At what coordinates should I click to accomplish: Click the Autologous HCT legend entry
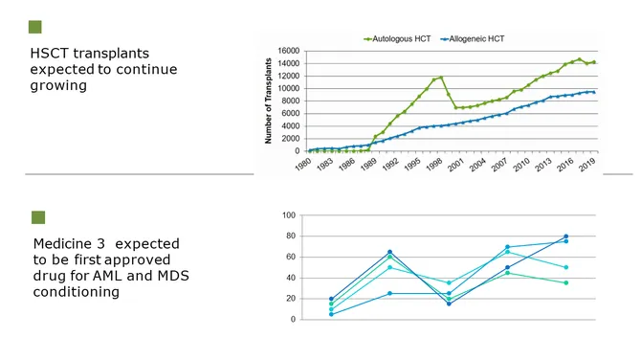pyautogui.click(x=396, y=39)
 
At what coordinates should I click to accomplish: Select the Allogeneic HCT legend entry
pyautogui.click(x=473, y=39)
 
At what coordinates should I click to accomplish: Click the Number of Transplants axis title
pyautogui.click(x=269, y=101)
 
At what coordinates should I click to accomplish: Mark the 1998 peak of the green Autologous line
pyautogui.click(x=441, y=77)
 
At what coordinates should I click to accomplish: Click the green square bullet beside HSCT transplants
pyautogui.click(x=36, y=27)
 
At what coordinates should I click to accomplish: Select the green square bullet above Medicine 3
pyautogui.click(x=38, y=217)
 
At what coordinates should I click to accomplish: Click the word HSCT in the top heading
pyautogui.click(x=50, y=54)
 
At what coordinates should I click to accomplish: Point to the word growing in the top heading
pyautogui.click(x=58, y=85)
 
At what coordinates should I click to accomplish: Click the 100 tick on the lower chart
pyautogui.click(x=288, y=215)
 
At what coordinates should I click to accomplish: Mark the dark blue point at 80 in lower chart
pyautogui.click(x=565, y=236)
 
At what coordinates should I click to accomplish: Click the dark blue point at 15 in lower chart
pyautogui.click(x=448, y=304)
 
